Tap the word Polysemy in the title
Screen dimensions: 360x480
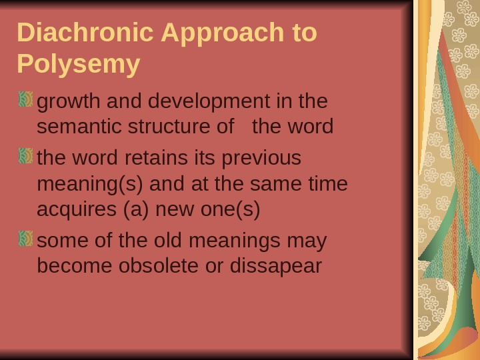click(79, 64)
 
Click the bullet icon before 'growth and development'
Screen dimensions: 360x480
click(26, 100)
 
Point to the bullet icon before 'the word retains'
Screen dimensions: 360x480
click(26, 157)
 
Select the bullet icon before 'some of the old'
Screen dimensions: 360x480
click(26, 238)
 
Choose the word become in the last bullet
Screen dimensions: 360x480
click(75, 265)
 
